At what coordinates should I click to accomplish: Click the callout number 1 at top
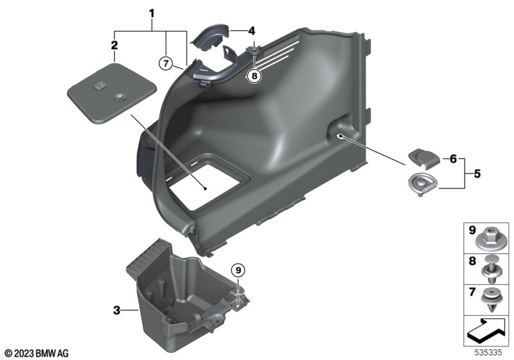tap(152, 14)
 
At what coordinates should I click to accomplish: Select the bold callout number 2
tap(114, 45)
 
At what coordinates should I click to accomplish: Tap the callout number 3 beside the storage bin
tap(117, 310)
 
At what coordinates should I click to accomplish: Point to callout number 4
tap(251, 31)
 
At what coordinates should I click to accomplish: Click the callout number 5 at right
tap(477, 174)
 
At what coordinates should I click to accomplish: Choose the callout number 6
tap(453, 159)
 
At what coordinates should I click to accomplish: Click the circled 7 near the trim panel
tap(166, 63)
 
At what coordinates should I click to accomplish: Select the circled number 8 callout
tap(254, 76)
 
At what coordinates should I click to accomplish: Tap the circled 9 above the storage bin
tap(238, 270)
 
